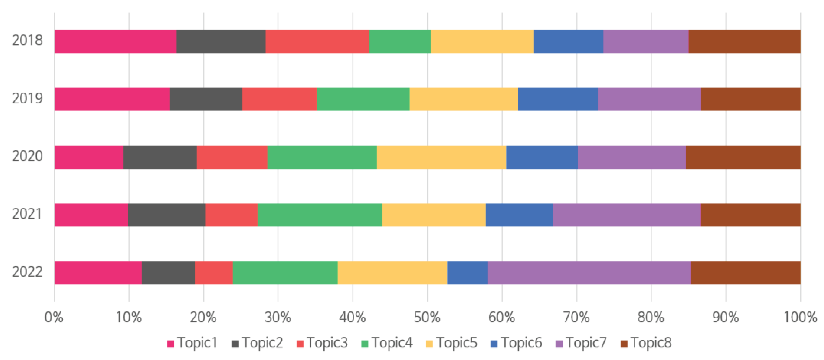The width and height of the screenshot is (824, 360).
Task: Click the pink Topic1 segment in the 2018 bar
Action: coord(115,41)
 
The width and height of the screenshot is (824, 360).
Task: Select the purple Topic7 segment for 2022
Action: coord(589,273)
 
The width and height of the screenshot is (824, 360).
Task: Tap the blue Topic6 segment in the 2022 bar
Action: coord(467,273)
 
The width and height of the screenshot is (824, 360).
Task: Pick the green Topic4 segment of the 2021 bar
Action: coord(320,215)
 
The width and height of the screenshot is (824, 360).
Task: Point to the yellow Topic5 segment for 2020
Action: coord(441,157)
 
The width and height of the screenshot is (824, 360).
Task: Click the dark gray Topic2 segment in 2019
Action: coord(206,99)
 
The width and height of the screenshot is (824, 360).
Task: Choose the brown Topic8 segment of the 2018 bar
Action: coord(744,41)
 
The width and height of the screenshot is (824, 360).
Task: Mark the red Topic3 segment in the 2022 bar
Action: coord(214,273)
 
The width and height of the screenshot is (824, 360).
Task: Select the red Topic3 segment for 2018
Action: coord(317,41)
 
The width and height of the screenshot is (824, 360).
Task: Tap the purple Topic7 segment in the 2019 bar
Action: coord(649,99)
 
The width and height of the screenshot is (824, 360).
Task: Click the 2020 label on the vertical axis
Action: coord(27,157)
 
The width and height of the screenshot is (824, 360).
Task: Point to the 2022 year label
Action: coord(27,272)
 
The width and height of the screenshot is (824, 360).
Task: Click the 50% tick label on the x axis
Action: coord(427,317)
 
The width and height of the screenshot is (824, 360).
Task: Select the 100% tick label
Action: coord(800,317)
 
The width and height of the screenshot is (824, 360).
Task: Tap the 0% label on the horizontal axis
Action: coord(54,317)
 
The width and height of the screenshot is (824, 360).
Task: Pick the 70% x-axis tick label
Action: coord(576,317)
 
